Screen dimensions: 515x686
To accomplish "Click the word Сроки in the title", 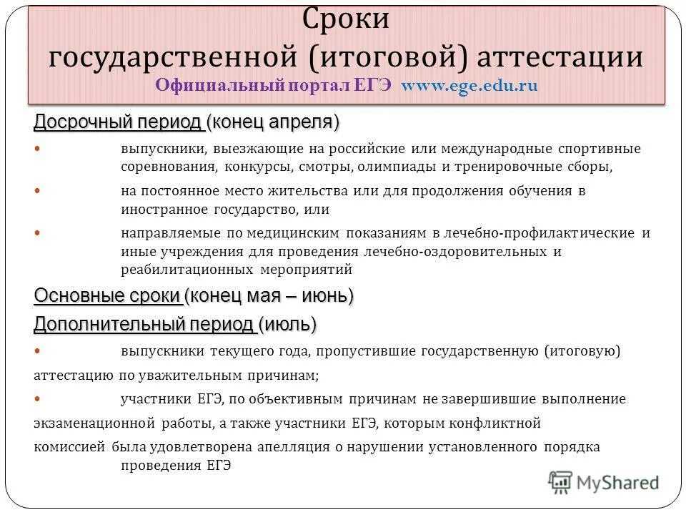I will (347, 19).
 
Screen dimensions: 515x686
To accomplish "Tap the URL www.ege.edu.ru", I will (469, 85).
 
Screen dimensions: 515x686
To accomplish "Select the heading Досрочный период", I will (118, 122).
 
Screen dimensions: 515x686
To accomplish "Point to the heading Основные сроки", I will (107, 295).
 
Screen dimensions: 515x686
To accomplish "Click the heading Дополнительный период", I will (144, 325).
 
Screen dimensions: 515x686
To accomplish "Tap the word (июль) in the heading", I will (288, 325).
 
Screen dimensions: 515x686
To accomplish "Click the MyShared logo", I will (604, 481).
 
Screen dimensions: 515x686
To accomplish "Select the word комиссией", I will (69, 446).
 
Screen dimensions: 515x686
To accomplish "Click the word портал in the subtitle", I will (319, 85).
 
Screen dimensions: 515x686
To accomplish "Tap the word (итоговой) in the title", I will (379, 56).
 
